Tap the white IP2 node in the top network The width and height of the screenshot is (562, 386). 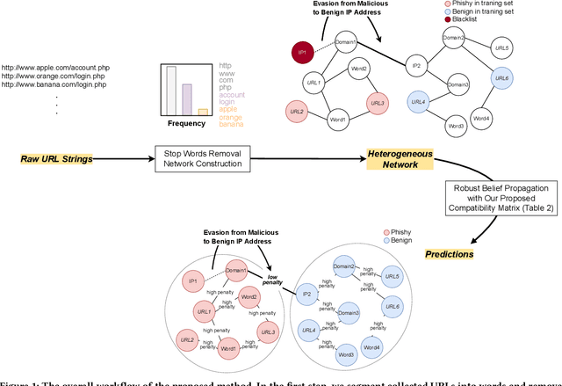(418, 65)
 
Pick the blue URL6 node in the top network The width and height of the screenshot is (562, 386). (501, 79)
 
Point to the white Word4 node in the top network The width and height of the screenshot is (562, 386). (481, 117)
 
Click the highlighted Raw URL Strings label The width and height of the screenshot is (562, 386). (56, 160)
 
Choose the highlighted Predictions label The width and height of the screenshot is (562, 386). (449, 254)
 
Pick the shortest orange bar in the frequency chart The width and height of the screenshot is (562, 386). (203, 112)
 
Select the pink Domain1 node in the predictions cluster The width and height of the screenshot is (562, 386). (235, 269)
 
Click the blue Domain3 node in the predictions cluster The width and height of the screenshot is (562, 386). (346, 313)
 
